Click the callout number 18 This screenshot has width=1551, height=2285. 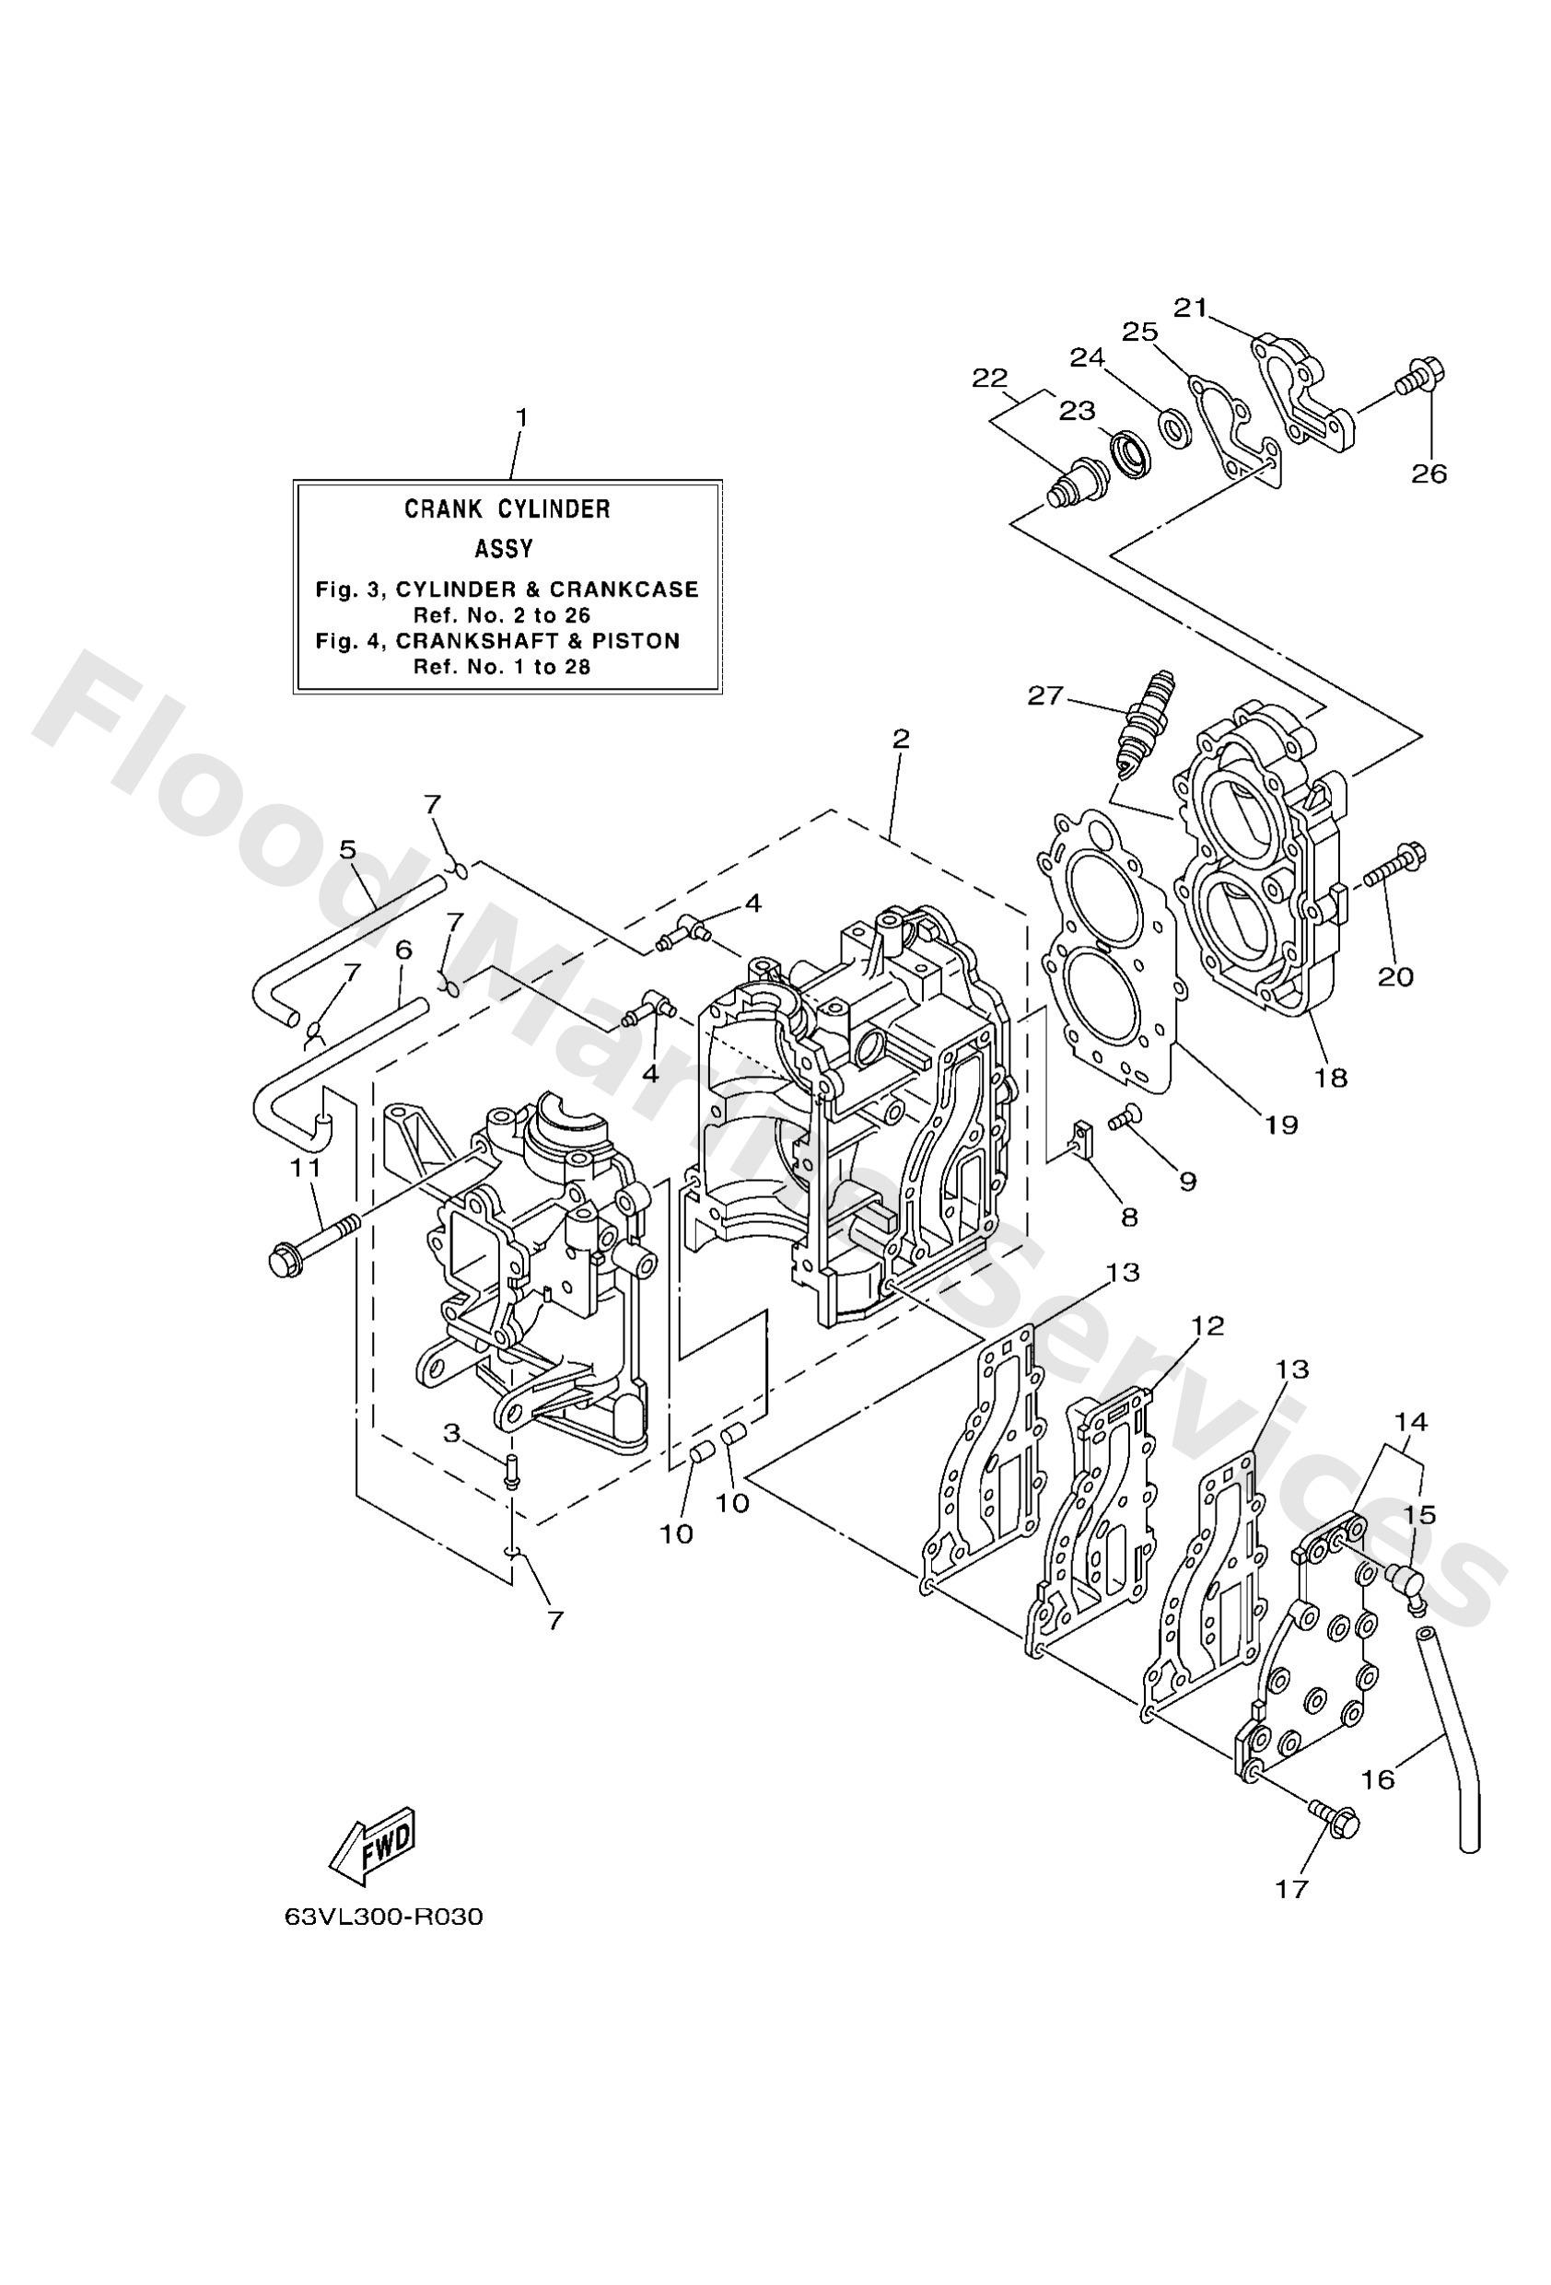pos(1331,1077)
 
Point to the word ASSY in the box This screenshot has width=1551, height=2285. pos(505,548)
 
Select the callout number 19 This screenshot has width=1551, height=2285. pos(1280,1124)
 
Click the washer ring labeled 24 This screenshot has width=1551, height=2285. pos(1173,427)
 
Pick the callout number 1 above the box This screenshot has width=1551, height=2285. pos(521,418)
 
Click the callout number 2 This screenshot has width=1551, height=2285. pos(901,740)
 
